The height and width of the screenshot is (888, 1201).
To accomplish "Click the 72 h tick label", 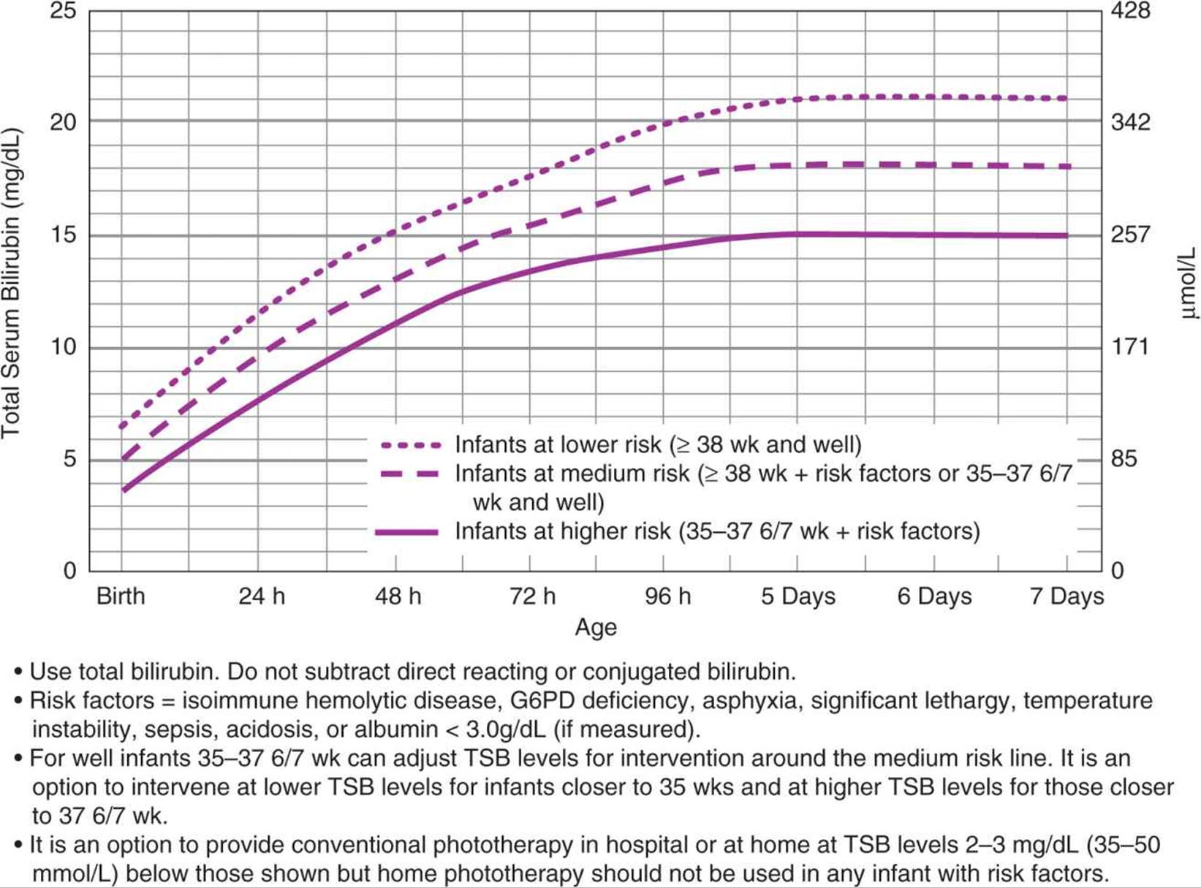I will point(533,596).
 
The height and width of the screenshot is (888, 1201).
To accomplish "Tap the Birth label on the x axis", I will point(121,596).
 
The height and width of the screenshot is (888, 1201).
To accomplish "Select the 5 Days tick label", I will point(797,596).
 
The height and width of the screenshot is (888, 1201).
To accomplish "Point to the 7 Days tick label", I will point(1066,596).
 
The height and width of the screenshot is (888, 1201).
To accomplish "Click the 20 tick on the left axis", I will point(63,121).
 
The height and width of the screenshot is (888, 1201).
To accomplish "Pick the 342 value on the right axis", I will point(1130,121).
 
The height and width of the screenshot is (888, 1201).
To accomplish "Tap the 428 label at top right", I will point(1130,11).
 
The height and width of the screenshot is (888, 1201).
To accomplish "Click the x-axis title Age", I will point(596,627).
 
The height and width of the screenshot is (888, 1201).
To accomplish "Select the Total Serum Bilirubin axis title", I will point(11,284).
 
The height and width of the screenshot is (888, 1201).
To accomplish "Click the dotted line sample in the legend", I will point(411,445).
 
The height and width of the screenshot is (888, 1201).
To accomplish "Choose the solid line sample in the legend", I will point(407,532).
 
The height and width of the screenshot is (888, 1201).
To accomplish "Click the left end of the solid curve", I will point(124,490).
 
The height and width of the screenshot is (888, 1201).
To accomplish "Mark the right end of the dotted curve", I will point(1065,98).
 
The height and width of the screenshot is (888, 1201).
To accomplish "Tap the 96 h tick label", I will point(667,596).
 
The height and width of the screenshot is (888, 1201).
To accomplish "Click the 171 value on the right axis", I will point(1130,346).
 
